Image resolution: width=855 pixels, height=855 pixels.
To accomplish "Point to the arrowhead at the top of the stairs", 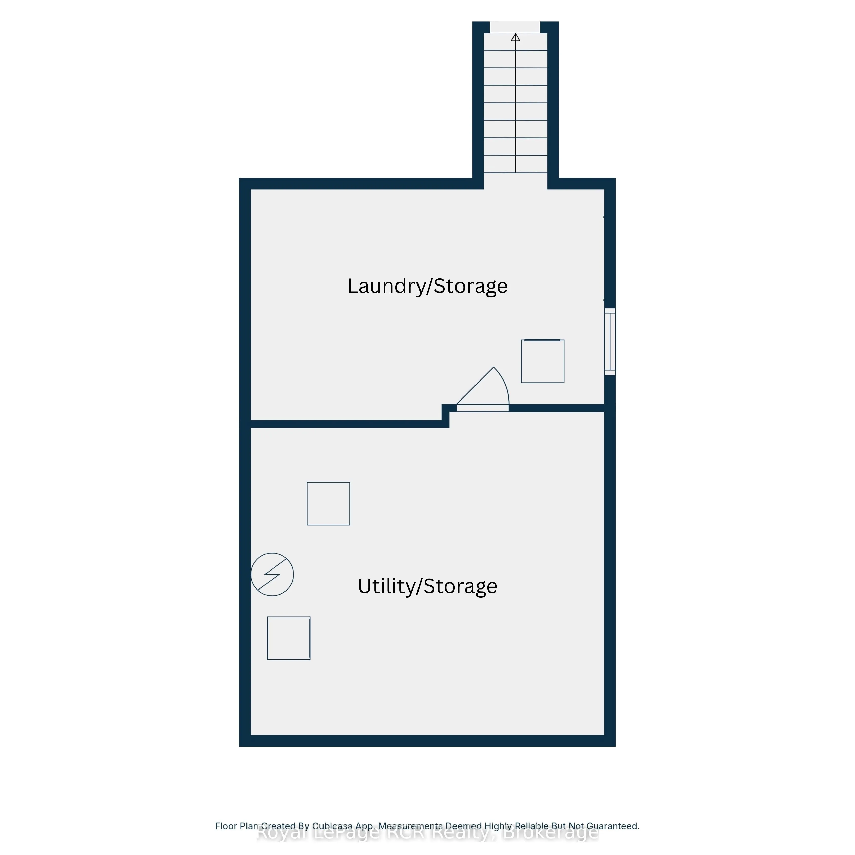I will click(516, 37).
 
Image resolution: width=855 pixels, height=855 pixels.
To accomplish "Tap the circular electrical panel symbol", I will click(272, 574).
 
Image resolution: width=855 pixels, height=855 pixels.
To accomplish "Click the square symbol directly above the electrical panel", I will click(328, 504).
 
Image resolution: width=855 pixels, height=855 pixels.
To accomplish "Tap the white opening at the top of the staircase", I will click(515, 27).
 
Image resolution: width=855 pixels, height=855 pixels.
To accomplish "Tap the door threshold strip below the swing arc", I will click(482, 408).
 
